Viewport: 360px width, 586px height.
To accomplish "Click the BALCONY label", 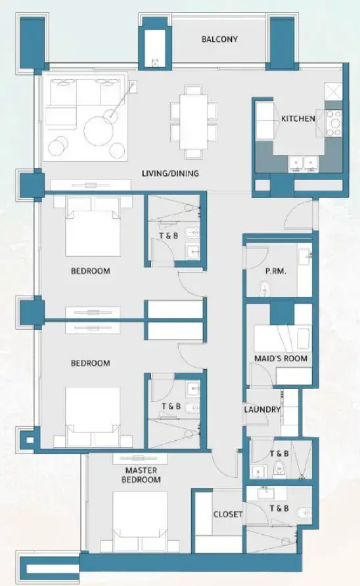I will pyautogui.click(x=219, y=39).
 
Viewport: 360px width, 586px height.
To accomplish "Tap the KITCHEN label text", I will pyautogui.click(x=298, y=119).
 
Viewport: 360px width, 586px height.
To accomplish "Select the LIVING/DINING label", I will pyautogui.click(x=170, y=174).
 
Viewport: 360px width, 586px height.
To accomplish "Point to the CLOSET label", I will pyautogui.click(x=228, y=514).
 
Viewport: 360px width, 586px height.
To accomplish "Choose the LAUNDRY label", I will pyautogui.click(x=262, y=410).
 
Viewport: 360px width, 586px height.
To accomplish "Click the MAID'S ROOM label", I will pyautogui.click(x=281, y=359).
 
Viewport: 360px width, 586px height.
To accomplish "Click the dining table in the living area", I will pyautogui.click(x=194, y=122).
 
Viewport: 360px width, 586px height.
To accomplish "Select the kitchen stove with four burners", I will pyautogui.click(x=334, y=122).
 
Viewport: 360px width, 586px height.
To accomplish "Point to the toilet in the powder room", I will pyautogui.click(x=265, y=288).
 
